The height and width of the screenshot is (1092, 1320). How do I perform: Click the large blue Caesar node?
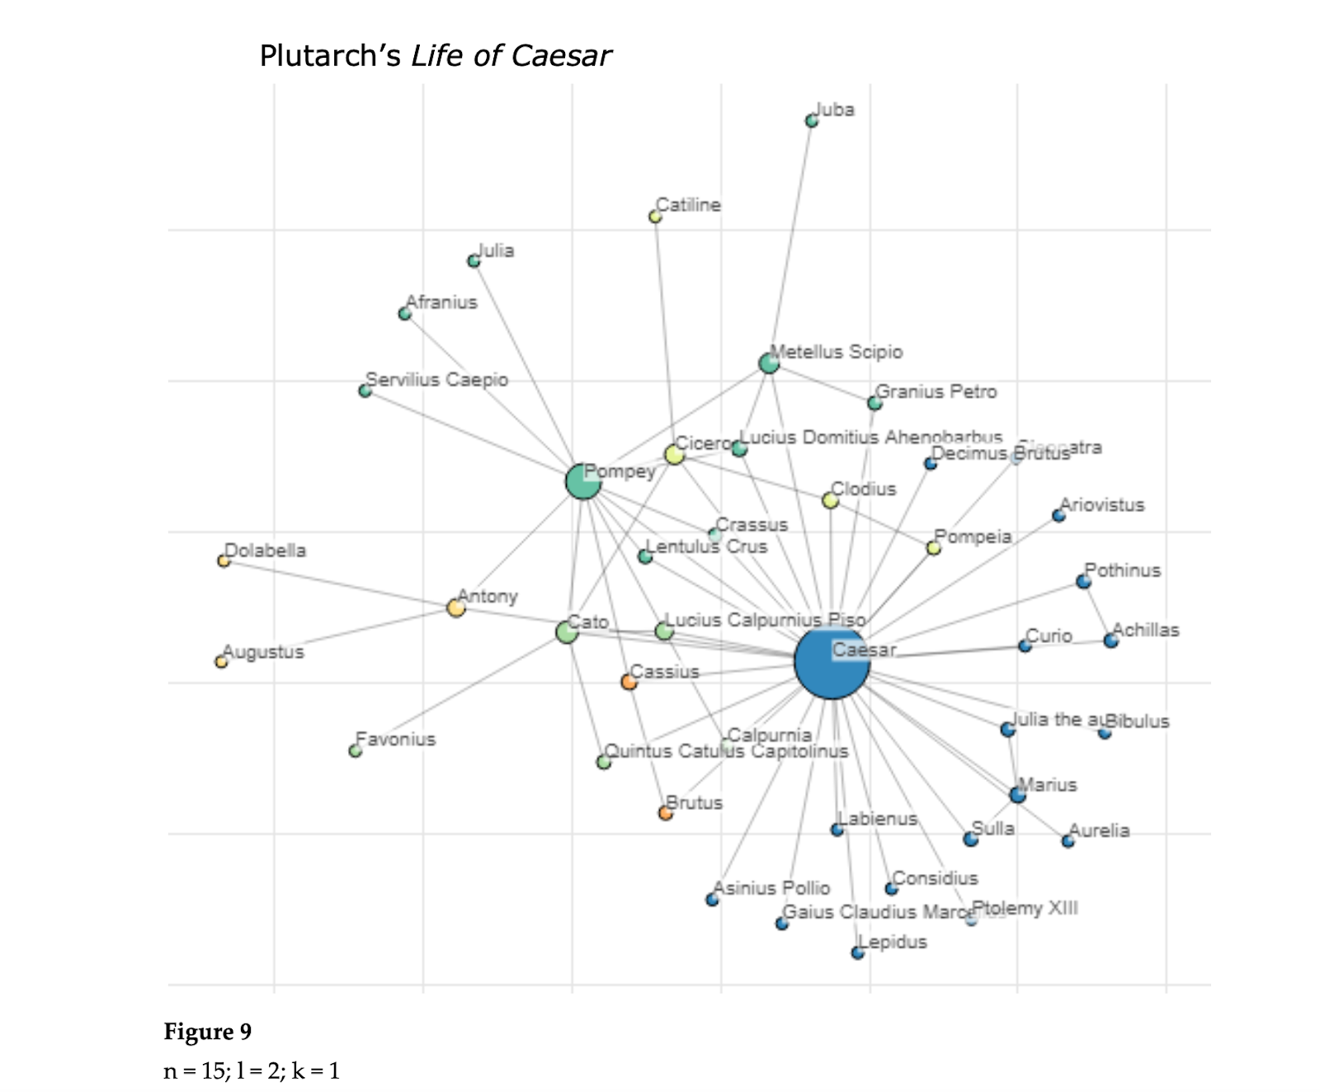tap(832, 662)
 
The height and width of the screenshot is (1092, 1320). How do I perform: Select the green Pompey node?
tap(583, 481)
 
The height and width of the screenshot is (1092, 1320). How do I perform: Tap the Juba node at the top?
tap(812, 121)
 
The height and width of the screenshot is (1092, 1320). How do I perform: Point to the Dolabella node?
tap(224, 561)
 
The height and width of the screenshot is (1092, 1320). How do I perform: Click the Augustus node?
tap(221, 662)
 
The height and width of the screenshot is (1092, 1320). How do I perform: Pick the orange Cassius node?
tap(629, 683)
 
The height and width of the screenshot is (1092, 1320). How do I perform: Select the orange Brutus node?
tap(666, 813)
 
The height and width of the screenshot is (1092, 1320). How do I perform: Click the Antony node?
tap(455, 608)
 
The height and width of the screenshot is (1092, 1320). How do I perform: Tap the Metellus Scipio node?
tap(769, 363)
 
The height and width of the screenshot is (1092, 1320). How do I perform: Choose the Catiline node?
tap(655, 217)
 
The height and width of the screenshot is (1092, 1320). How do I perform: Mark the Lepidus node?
tap(858, 953)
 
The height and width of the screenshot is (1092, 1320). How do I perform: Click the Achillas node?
tap(1111, 641)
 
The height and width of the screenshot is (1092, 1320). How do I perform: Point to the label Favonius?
tap(396, 740)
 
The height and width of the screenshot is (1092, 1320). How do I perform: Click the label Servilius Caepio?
tap(436, 380)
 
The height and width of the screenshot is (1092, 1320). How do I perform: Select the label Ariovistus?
tap(1102, 505)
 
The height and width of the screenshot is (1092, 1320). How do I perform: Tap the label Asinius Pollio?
tap(772, 888)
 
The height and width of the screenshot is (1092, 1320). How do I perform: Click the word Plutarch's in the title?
tap(331, 56)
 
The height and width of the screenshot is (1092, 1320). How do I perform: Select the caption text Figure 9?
tap(208, 1032)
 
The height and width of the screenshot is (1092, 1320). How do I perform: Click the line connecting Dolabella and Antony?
tap(338, 584)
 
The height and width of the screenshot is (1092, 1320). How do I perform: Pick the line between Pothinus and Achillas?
tap(1097, 611)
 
